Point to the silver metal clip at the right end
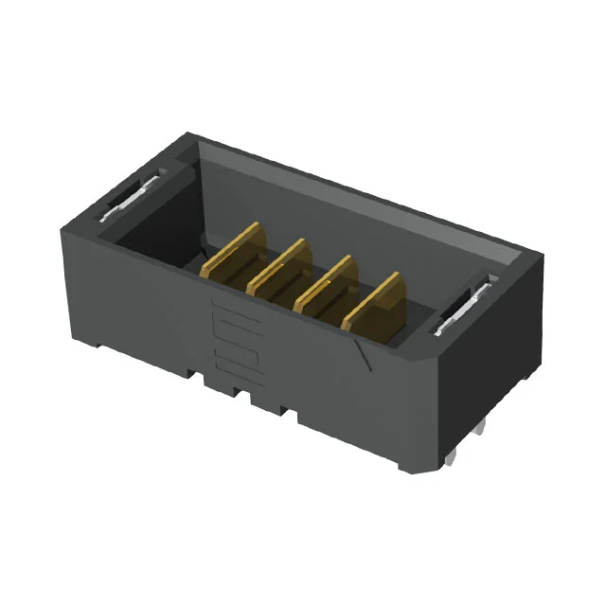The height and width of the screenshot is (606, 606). [x=463, y=312]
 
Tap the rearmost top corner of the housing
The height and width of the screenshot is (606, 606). [x=189, y=134]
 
